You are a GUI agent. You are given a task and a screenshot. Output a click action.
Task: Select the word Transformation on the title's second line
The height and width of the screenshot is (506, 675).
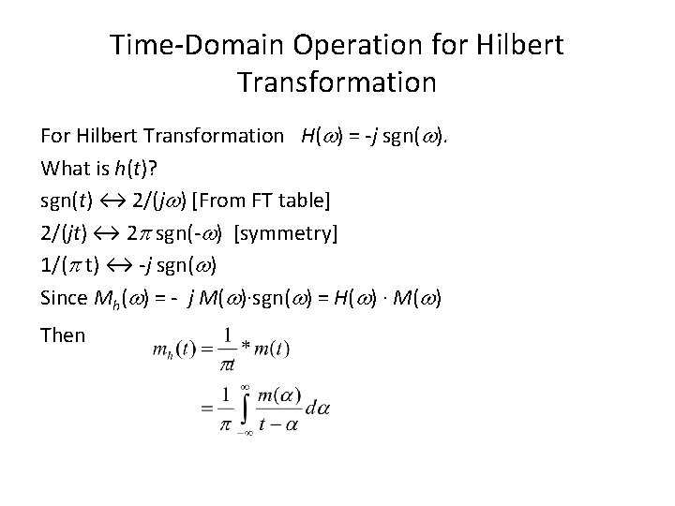pos(337,82)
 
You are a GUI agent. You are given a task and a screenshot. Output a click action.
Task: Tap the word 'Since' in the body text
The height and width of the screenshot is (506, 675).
pos(63,297)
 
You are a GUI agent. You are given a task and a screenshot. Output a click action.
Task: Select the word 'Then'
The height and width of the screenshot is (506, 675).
pos(63,335)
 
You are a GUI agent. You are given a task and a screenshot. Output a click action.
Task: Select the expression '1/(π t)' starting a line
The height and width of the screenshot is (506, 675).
pos(72,264)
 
